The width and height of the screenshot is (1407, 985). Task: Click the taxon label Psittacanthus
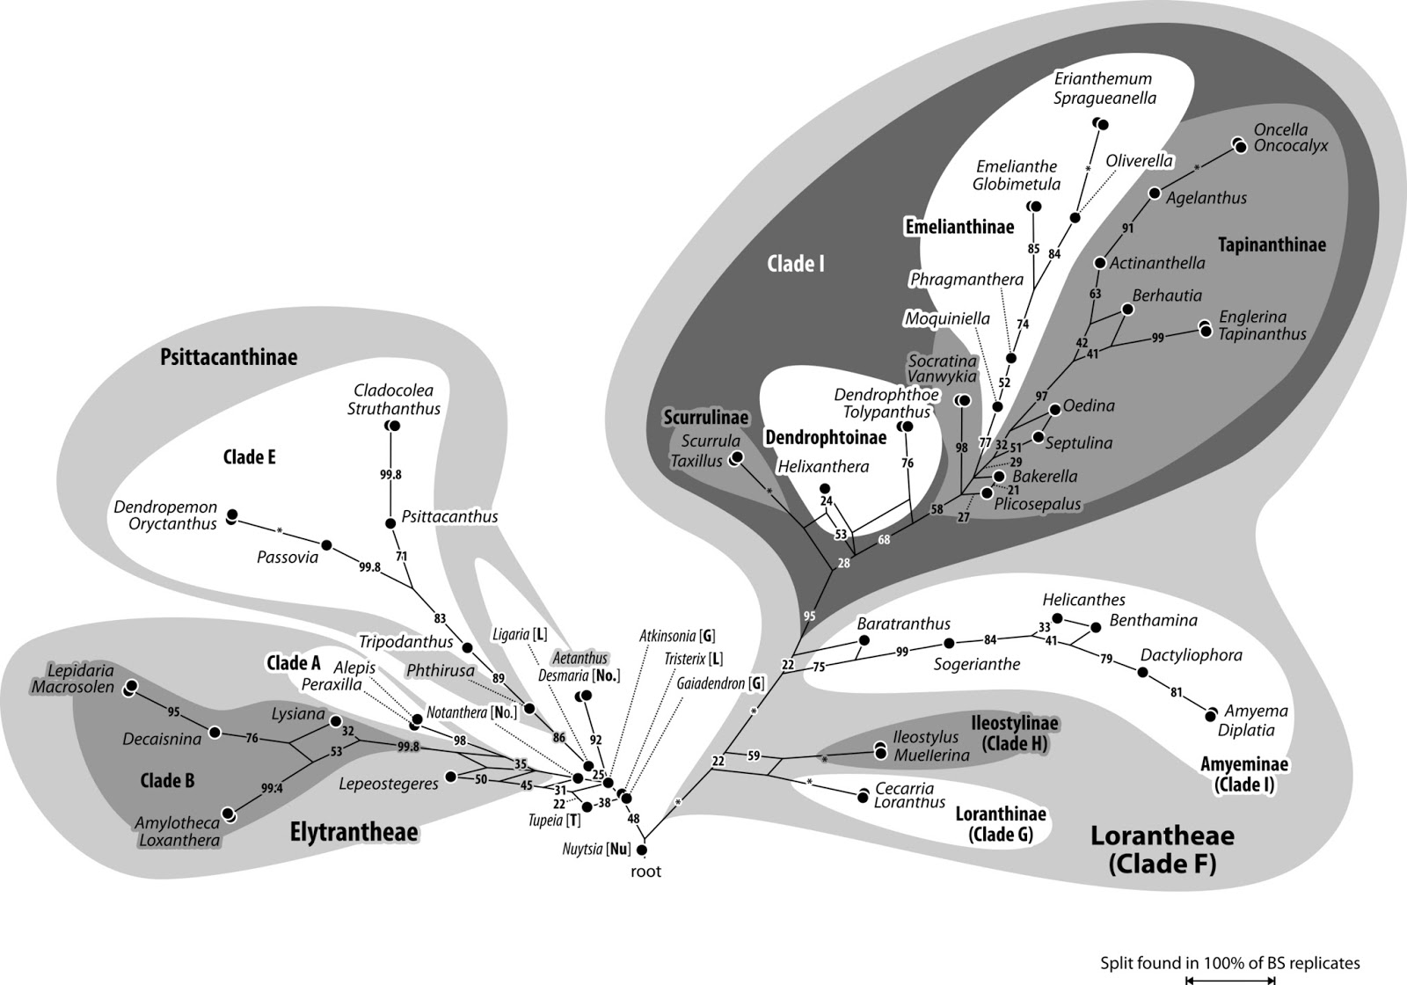(x=449, y=517)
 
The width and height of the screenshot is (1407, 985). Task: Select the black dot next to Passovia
(x=326, y=545)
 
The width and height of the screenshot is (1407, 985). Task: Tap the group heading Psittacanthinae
(x=229, y=357)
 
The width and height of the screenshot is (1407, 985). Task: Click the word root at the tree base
(x=645, y=872)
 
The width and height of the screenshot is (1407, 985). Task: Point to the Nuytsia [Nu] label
(x=596, y=850)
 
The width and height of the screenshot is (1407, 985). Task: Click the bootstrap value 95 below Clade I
(x=809, y=615)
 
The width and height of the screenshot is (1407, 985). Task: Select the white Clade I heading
(x=796, y=264)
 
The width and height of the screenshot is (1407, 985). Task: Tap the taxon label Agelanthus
(x=1206, y=199)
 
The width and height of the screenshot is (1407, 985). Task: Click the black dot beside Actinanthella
(x=1099, y=263)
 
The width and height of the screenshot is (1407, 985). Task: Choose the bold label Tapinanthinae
(x=1272, y=244)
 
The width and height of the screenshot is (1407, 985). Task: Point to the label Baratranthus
(x=903, y=624)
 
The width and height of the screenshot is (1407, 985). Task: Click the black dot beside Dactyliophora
(x=1142, y=672)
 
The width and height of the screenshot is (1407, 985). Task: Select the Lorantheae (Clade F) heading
(x=1162, y=850)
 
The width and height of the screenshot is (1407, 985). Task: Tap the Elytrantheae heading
(x=354, y=832)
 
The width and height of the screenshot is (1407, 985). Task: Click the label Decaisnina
(x=162, y=739)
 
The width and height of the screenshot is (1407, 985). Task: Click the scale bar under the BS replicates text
(x=1229, y=980)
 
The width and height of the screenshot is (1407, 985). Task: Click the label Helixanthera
(x=823, y=467)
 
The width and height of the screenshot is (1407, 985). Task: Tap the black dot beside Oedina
(x=1055, y=409)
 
